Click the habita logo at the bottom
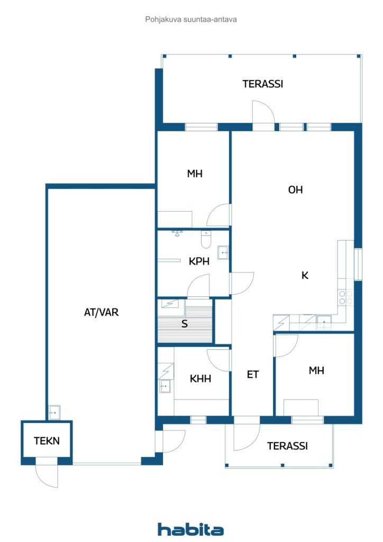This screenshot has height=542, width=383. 190,529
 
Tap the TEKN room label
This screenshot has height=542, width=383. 47,441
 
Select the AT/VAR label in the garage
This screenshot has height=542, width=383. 101,312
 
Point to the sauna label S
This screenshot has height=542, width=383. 185,323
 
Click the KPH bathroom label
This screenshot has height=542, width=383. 199,261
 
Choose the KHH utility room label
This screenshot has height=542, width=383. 200,378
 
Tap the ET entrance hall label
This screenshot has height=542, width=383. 253,374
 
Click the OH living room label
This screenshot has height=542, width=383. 295,189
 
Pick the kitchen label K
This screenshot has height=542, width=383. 305,275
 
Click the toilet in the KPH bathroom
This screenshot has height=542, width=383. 206,239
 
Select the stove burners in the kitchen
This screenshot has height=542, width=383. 345,297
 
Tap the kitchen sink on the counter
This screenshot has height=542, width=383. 324,322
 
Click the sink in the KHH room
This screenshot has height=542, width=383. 165,386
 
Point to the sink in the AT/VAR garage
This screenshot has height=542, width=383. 54,412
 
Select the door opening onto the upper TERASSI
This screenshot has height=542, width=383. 263,112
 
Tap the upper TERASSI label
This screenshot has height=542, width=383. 263,84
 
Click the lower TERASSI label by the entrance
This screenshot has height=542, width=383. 287,446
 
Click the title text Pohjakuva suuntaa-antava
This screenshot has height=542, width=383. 191,20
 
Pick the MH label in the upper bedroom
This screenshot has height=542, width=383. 195,174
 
